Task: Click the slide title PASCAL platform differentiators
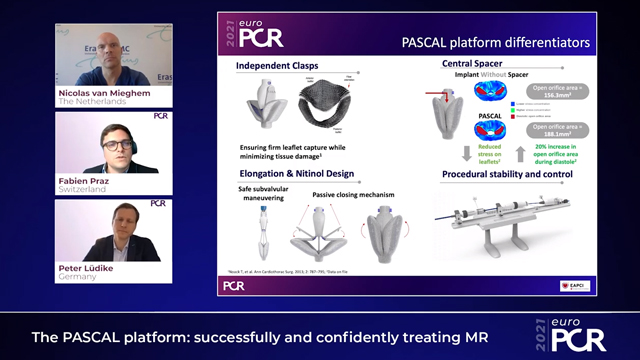pyautogui.click(x=509, y=43)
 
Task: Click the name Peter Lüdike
pyautogui.click(x=89, y=268)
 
